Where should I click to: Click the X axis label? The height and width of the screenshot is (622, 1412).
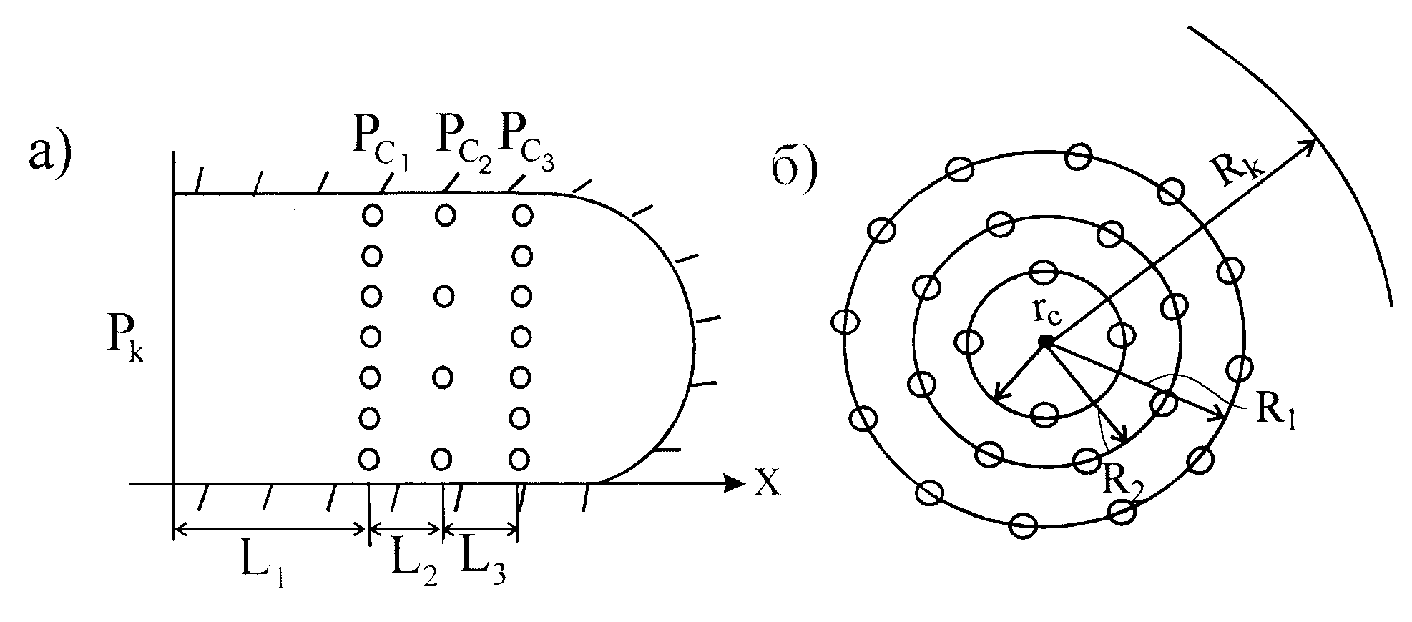pyautogui.click(x=766, y=483)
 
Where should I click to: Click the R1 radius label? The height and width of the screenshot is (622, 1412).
pyautogui.click(x=1273, y=413)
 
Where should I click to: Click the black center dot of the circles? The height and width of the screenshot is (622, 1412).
pyautogui.click(x=1046, y=342)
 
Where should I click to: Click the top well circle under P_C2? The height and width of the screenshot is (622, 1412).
pyautogui.click(x=445, y=214)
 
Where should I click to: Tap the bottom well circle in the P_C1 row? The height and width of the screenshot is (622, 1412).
pyautogui.click(x=369, y=458)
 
